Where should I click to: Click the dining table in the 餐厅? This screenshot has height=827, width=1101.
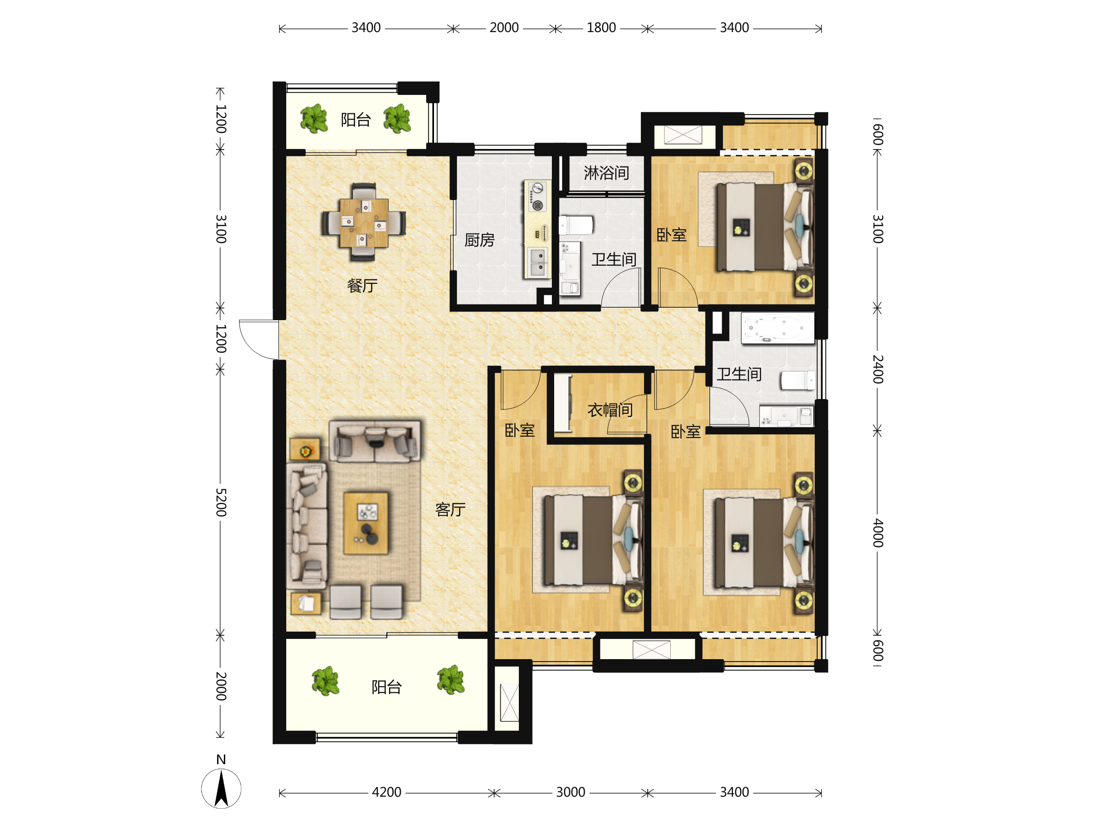pyautogui.click(x=364, y=223)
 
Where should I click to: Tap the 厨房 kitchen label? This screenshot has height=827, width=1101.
pyautogui.click(x=479, y=240)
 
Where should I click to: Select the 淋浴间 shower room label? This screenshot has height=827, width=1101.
pyautogui.click(x=606, y=173)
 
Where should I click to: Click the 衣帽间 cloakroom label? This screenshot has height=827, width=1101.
pyautogui.click(x=610, y=410)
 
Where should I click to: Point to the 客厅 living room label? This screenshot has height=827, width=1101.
pyautogui.click(x=450, y=510)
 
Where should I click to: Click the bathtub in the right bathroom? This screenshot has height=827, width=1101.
pyautogui.click(x=778, y=328)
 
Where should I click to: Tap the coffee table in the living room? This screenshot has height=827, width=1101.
pyautogui.click(x=366, y=523)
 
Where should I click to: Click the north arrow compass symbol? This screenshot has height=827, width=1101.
pyautogui.click(x=221, y=788)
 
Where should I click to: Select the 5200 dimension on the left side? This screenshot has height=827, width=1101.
pyautogui.click(x=221, y=502)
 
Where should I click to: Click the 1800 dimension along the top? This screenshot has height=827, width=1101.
pyautogui.click(x=601, y=28)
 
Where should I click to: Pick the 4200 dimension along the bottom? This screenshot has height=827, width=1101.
pyautogui.click(x=386, y=792)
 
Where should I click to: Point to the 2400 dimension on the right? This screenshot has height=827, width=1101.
pyautogui.click(x=878, y=369)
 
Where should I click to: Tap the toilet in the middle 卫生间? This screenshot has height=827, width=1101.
pyautogui.click(x=576, y=225)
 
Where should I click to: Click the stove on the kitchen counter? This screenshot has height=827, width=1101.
pyautogui.click(x=537, y=197)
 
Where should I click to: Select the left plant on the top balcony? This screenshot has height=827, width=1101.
pyautogui.click(x=314, y=119)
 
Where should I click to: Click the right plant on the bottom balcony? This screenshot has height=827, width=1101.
pyautogui.click(x=451, y=680)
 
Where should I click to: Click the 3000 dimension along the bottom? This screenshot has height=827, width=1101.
pyautogui.click(x=570, y=792)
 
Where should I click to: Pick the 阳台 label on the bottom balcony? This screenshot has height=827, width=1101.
pyautogui.click(x=386, y=687)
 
